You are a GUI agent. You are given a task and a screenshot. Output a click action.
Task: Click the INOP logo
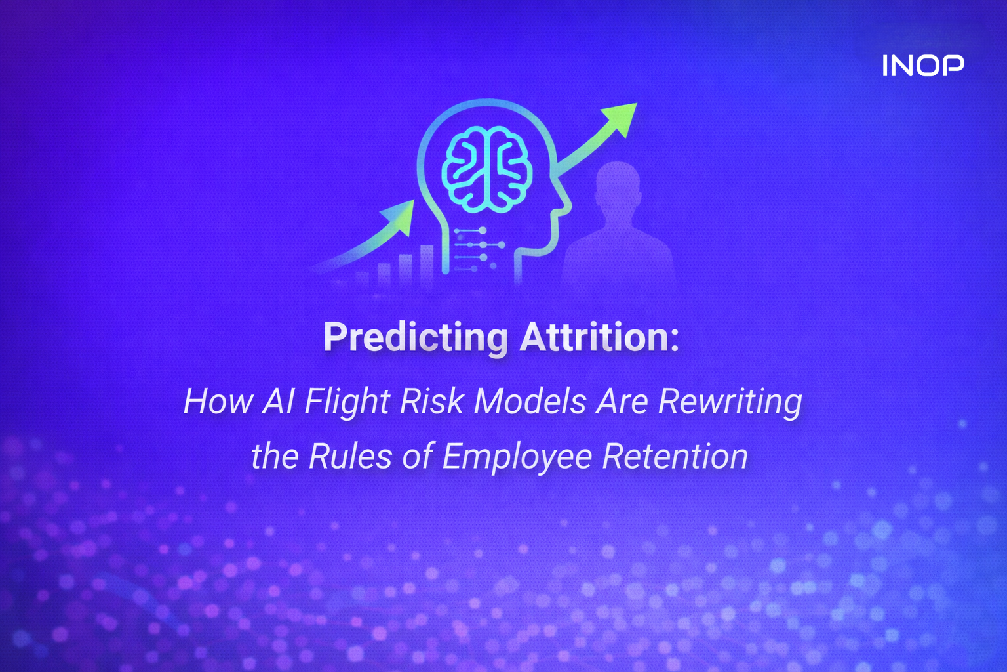coord(922,66)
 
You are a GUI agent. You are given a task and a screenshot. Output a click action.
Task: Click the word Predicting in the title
coord(415,337)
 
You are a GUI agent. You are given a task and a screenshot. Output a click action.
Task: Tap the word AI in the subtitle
coord(279,401)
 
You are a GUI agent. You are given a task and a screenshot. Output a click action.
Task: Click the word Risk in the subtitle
coord(432,401)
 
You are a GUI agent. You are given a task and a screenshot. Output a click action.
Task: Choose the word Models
coord(530,401)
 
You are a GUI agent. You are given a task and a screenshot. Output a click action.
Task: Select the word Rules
coord(350,456)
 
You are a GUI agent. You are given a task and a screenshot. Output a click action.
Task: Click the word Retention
coord(675,456)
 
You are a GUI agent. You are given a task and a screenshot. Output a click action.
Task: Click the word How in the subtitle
coord(218,401)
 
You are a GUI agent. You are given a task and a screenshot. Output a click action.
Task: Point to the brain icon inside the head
coord(486,169)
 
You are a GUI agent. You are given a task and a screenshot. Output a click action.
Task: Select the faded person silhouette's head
coord(617,183)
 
